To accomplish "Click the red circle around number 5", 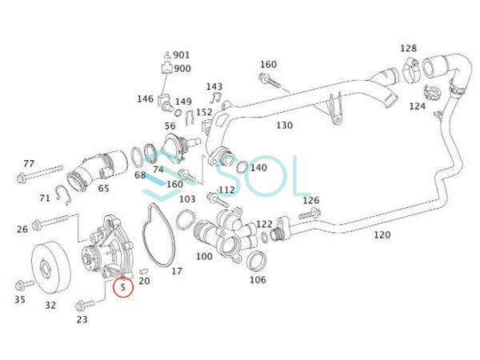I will [123, 286].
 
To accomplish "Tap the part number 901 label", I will [182, 55].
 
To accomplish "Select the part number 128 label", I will [408, 49].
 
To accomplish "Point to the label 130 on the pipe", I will [284, 126].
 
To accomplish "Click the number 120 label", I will [382, 235].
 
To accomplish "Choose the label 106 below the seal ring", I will [258, 280].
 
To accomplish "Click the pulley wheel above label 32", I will [49, 266].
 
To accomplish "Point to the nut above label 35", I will [21, 284].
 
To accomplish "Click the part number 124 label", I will [418, 106].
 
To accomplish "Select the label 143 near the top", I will [214, 86].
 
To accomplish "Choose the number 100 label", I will [204, 257].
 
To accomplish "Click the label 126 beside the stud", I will [310, 200].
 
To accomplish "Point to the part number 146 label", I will [145, 99].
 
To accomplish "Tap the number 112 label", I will [227, 190].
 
